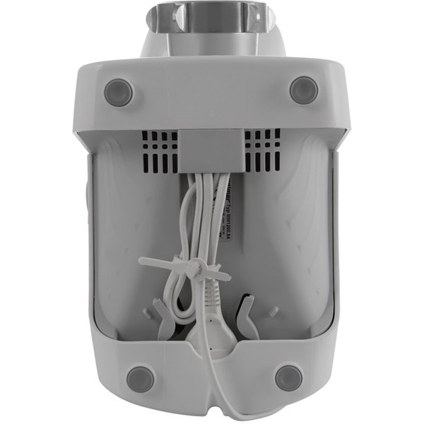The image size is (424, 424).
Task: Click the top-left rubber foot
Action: coord(119,92)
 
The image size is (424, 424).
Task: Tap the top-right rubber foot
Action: coord(303,90)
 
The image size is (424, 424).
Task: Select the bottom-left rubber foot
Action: coord(141,378)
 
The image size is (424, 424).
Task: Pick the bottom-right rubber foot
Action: coord(288,377)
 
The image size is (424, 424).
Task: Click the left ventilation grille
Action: coord(159,151)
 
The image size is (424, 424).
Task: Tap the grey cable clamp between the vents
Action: coord(211,149)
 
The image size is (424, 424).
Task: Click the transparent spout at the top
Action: coord(211,17)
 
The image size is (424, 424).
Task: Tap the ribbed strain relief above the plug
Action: coord(211,297)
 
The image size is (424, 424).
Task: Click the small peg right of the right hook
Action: coord(273,312)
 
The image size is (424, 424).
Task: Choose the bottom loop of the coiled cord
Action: coord(177,311)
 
